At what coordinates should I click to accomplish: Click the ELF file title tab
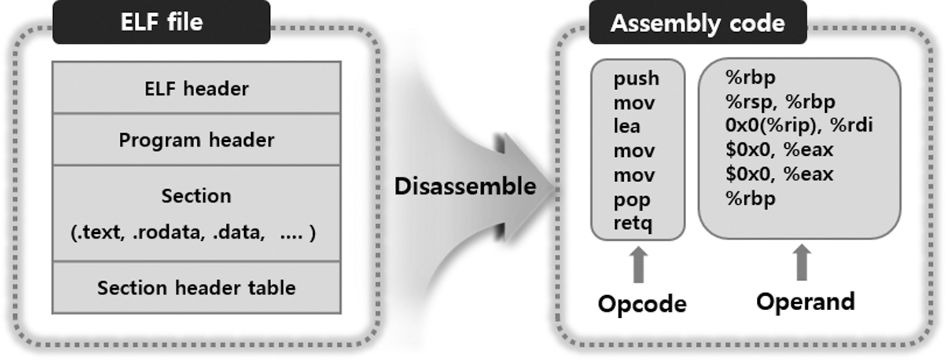161,22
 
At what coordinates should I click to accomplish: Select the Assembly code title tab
698,23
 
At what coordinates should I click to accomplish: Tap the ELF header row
196,88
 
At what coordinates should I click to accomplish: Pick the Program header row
196,139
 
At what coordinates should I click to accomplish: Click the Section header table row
196,287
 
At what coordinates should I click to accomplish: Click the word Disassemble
465,186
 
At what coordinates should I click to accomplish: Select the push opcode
636,79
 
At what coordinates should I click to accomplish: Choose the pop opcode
632,200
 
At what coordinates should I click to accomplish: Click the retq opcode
634,223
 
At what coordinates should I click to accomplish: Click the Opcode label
642,304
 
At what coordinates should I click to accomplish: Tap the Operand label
805,301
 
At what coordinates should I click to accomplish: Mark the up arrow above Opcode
639,264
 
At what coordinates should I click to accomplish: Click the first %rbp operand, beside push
750,78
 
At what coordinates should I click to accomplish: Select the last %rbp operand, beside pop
750,199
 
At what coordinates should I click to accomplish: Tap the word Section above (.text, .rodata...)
196,195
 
